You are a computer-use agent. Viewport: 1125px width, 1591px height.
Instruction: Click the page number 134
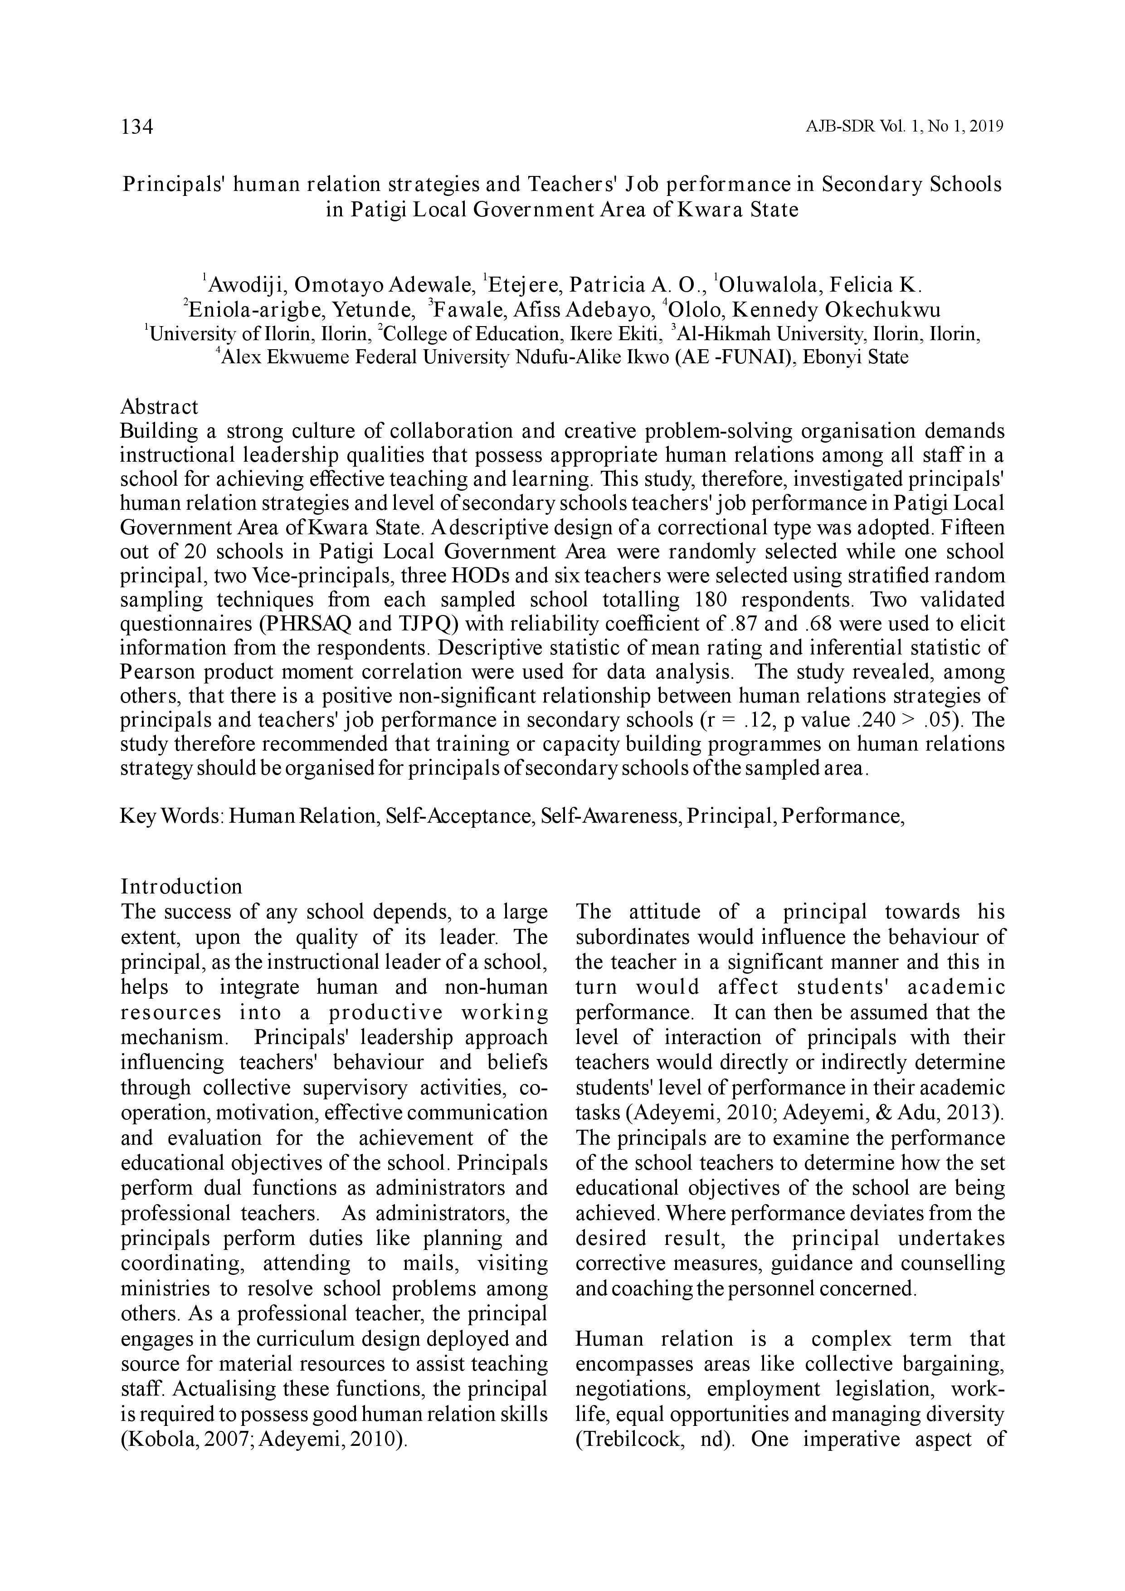[137, 127]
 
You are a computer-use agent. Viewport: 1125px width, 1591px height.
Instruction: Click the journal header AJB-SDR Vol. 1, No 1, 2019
[905, 127]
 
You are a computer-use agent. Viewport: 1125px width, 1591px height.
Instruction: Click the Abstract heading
[159, 407]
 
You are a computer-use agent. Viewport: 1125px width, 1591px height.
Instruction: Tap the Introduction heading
[181, 887]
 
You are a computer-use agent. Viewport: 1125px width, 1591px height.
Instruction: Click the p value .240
[872, 720]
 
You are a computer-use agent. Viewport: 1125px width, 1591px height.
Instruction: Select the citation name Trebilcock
[626, 1439]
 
